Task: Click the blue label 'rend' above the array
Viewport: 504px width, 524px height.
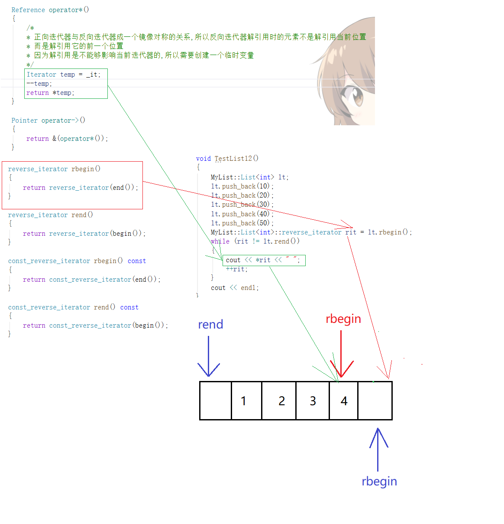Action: click(x=210, y=325)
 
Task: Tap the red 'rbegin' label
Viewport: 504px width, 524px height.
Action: click(x=343, y=319)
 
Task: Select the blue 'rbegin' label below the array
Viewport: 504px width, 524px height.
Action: click(x=379, y=482)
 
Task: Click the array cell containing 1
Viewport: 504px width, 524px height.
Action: click(x=246, y=401)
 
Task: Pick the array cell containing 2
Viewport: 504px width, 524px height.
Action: click(x=279, y=401)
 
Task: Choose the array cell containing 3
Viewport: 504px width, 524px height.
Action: click(x=313, y=401)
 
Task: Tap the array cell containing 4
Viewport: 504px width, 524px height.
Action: click(x=344, y=401)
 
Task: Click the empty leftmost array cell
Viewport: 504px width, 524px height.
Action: click(x=216, y=401)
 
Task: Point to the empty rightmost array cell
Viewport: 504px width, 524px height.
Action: click(x=375, y=401)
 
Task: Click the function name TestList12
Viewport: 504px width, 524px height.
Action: click(x=233, y=159)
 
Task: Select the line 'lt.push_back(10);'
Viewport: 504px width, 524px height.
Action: click(x=242, y=186)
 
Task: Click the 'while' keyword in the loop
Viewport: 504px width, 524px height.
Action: click(x=220, y=241)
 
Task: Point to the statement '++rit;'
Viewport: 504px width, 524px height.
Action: click(x=236, y=269)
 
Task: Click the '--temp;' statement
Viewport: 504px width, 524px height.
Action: click(x=39, y=84)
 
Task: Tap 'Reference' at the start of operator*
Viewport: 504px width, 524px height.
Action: click(x=28, y=10)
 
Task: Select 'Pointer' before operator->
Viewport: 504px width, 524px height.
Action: click(x=24, y=120)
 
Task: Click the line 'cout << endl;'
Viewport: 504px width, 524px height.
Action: click(x=235, y=288)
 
